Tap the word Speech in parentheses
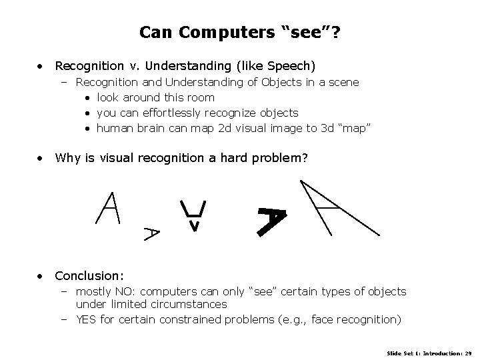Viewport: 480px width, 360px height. (x=291, y=66)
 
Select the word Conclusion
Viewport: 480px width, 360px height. (x=88, y=275)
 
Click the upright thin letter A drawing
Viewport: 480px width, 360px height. (x=107, y=207)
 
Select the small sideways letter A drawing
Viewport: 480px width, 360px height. (x=152, y=233)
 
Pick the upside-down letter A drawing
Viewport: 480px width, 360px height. (x=193, y=215)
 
